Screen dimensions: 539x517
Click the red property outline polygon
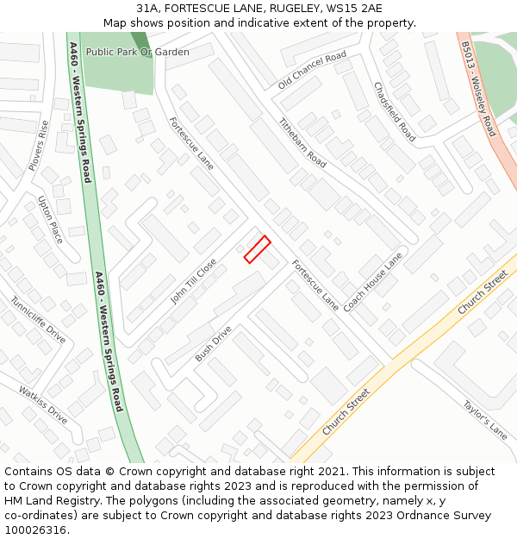point(257,249)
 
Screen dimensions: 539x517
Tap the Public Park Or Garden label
point(137,53)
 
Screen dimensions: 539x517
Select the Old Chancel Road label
point(312,71)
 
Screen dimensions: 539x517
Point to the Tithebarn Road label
point(302,143)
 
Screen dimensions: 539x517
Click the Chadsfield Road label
point(394,112)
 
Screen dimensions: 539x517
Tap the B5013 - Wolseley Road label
point(478,88)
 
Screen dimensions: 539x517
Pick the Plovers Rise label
point(39,145)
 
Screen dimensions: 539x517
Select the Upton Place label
point(50,219)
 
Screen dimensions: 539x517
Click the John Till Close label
point(194,281)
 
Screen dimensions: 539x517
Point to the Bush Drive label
point(214,343)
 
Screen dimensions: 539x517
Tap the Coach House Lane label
point(373,282)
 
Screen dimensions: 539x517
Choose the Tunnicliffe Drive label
point(38,320)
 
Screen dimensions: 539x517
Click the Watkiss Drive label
point(43,404)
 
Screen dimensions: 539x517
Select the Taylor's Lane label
point(484,420)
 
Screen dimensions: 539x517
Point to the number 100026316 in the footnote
point(37,530)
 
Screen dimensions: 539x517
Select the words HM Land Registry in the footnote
point(51,500)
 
